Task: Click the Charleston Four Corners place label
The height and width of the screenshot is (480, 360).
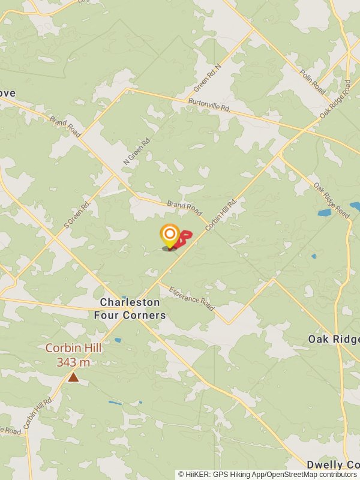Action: tap(130, 308)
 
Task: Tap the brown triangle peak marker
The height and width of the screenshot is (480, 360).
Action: tap(73, 377)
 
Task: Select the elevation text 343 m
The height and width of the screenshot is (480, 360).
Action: tap(73, 362)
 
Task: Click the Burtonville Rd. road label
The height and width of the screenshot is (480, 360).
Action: tap(209, 105)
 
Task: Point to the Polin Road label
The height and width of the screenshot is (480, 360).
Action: tap(313, 82)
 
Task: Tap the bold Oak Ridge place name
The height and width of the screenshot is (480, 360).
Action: tap(334, 339)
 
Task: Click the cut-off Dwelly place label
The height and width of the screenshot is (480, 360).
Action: tap(333, 465)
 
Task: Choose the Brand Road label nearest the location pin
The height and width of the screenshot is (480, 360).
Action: tap(184, 208)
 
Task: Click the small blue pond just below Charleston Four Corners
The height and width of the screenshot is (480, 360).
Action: tap(118, 340)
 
